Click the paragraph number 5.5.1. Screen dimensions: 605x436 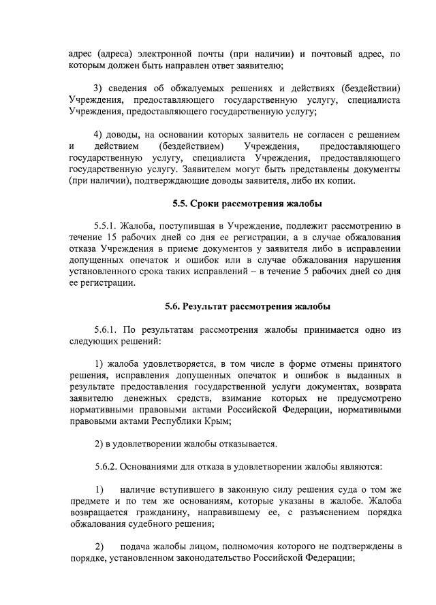tap(106, 224)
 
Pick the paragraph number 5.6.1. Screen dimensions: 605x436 tap(106, 330)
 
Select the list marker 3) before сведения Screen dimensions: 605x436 tap(97, 89)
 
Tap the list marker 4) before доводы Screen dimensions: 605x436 tap(97, 134)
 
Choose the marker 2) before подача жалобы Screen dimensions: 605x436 tap(99, 546)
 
